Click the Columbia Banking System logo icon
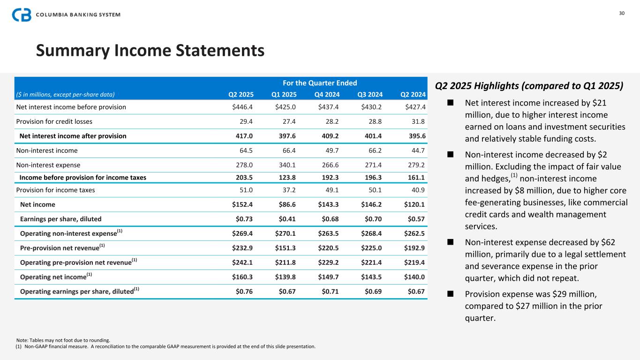click(x=22, y=15)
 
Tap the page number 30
click(x=622, y=13)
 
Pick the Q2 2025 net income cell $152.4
click(x=243, y=204)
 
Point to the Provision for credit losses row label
click(x=54, y=121)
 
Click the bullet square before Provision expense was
click(x=450, y=294)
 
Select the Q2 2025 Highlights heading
click(x=529, y=86)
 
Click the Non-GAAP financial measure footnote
click(x=166, y=347)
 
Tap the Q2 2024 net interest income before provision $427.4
click(x=414, y=107)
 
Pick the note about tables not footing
click(x=63, y=340)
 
